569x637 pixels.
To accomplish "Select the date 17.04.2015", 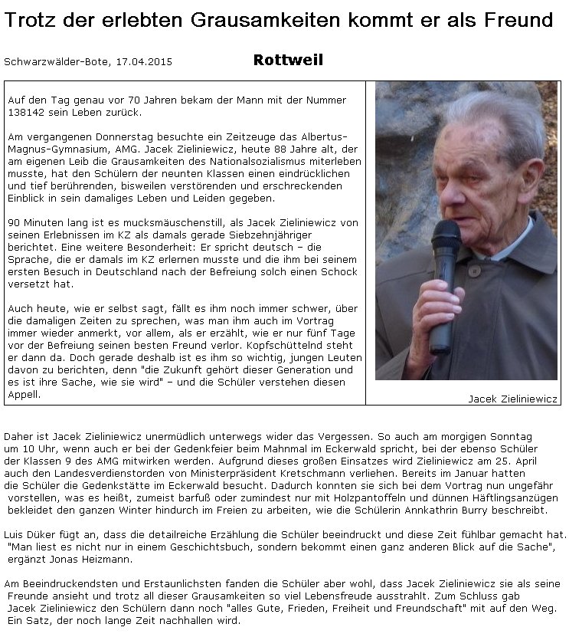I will click(144, 62).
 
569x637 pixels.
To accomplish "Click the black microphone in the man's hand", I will click(443, 291).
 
